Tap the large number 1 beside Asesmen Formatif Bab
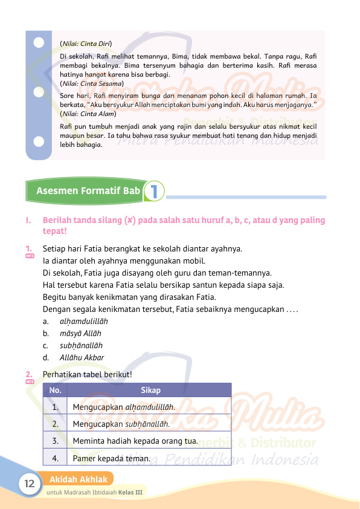click(x=155, y=191)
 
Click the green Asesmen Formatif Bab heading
click(x=88, y=191)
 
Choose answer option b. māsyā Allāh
click(x=72, y=334)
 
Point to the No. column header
click(x=55, y=390)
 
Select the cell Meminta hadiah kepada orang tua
click(x=135, y=441)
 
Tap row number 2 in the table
click(x=55, y=424)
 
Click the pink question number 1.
click(x=28, y=248)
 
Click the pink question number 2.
click(x=28, y=374)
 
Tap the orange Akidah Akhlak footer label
click(x=78, y=479)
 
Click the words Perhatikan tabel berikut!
click(x=88, y=374)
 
